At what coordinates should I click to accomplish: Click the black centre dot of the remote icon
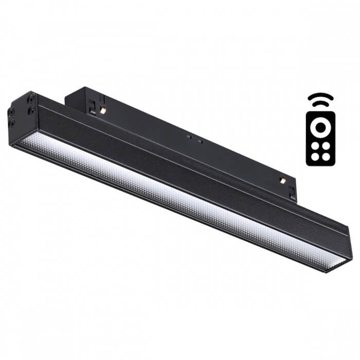click(320, 126)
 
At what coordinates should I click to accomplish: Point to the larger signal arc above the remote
click(320, 96)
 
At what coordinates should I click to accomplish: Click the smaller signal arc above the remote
click(320, 103)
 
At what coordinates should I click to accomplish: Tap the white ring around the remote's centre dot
click(320, 120)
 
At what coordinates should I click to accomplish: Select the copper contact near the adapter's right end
click(282, 180)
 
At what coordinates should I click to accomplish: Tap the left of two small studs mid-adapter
click(189, 137)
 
